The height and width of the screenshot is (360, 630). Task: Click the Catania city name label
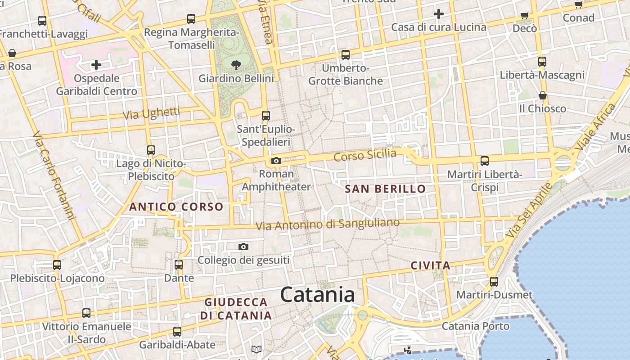(317, 295)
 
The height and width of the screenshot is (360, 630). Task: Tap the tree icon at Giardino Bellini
(236, 65)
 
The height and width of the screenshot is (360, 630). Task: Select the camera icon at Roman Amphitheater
(276, 161)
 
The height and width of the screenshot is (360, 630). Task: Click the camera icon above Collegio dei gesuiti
(243, 247)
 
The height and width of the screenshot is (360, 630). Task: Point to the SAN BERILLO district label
(385, 189)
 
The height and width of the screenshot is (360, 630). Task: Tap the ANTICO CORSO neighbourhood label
(176, 207)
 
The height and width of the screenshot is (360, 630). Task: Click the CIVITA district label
(431, 265)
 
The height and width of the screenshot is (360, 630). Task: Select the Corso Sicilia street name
(365, 156)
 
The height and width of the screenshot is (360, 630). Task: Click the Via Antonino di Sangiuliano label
(328, 224)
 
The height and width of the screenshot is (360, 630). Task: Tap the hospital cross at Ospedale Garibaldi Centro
(96, 65)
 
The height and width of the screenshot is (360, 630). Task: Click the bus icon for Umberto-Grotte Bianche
(346, 55)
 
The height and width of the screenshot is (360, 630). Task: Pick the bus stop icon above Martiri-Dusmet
(494, 282)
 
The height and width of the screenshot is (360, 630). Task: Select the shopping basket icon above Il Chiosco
(543, 95)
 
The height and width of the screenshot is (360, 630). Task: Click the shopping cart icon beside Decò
(524, 15)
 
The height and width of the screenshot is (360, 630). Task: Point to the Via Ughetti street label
(151, 113)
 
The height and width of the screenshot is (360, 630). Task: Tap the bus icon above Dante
(179, 264)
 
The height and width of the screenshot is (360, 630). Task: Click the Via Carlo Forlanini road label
(54, 176)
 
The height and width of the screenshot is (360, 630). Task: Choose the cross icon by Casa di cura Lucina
(439, 14)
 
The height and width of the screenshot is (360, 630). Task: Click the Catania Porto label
(476, 326)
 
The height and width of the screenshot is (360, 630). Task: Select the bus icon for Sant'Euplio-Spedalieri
(266, 116)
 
